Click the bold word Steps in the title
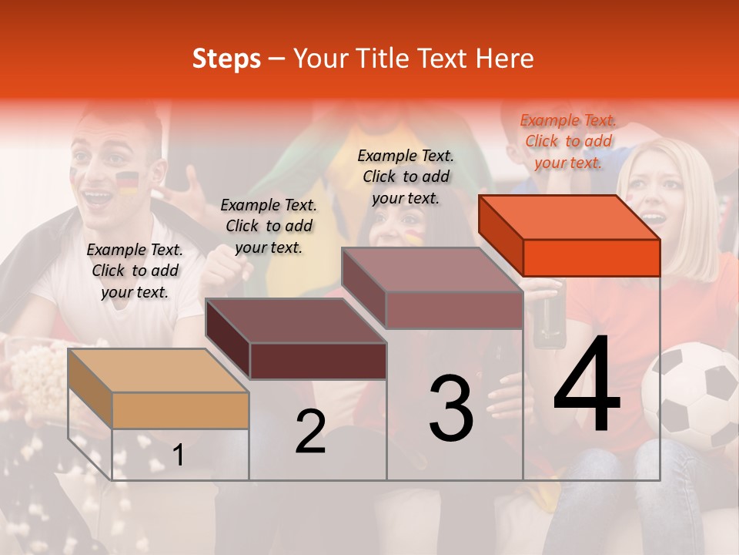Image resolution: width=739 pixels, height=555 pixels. (x=226, y=59)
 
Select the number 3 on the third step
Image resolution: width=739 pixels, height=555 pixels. (x=451, y=408)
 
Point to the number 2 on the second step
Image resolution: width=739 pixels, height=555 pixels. (x=310, y=432)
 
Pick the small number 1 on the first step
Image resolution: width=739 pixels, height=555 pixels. (x=179, y=456)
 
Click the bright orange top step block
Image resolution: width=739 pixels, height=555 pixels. (x=570, y=235)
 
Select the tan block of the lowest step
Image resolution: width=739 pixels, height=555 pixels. (x=159, y=388)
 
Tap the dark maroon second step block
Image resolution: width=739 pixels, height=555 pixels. (x=296, y=339)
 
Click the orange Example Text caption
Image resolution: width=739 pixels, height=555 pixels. (x=568, y=141)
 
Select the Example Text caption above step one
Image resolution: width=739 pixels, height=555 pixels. (x=135, y=271)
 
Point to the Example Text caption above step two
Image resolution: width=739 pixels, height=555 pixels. (x=269, y=226)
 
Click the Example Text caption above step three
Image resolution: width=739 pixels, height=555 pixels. (x=406, y=177)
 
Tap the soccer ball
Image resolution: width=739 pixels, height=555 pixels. (x=691, y=398)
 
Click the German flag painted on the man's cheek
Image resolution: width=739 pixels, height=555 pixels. (x=127, y=182)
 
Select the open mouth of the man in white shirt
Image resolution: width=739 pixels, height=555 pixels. (x=99, y=197)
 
